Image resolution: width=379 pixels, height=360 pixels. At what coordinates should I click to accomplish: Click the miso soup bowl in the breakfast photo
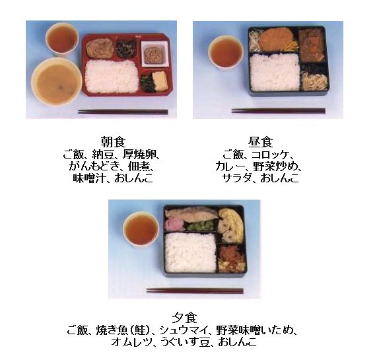pos(57,81)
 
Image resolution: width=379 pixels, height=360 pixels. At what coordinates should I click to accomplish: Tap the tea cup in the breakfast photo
pos(62,39)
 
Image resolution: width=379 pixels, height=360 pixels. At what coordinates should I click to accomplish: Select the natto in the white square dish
pos(155,54)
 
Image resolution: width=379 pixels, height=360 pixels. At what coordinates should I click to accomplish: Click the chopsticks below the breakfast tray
pos(123,112)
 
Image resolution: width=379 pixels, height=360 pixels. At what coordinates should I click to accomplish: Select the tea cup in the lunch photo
pos(226,52)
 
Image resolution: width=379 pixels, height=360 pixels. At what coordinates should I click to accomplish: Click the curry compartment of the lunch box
pos(312,46)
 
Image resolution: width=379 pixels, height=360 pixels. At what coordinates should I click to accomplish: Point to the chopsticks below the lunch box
pos(278,111)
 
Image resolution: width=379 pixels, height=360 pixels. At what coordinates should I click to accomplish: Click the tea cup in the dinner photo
pos(141,229)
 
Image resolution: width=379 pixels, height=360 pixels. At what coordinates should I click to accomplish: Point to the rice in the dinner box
pos(190,252)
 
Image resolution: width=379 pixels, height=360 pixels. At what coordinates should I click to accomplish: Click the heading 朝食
pos(113,142)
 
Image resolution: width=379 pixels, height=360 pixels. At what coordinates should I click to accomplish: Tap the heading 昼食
pos(261,142)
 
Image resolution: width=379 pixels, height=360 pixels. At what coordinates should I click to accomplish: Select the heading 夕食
pos(184,318)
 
